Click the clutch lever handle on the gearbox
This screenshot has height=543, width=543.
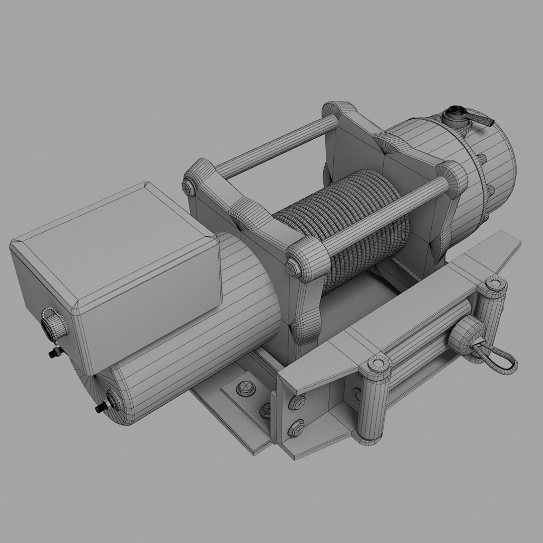point(484,120)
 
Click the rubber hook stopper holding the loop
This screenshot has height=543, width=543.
point(466,335)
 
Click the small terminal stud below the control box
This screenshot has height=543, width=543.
point(53,353)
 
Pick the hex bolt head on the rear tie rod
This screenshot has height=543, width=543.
point(191,188)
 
